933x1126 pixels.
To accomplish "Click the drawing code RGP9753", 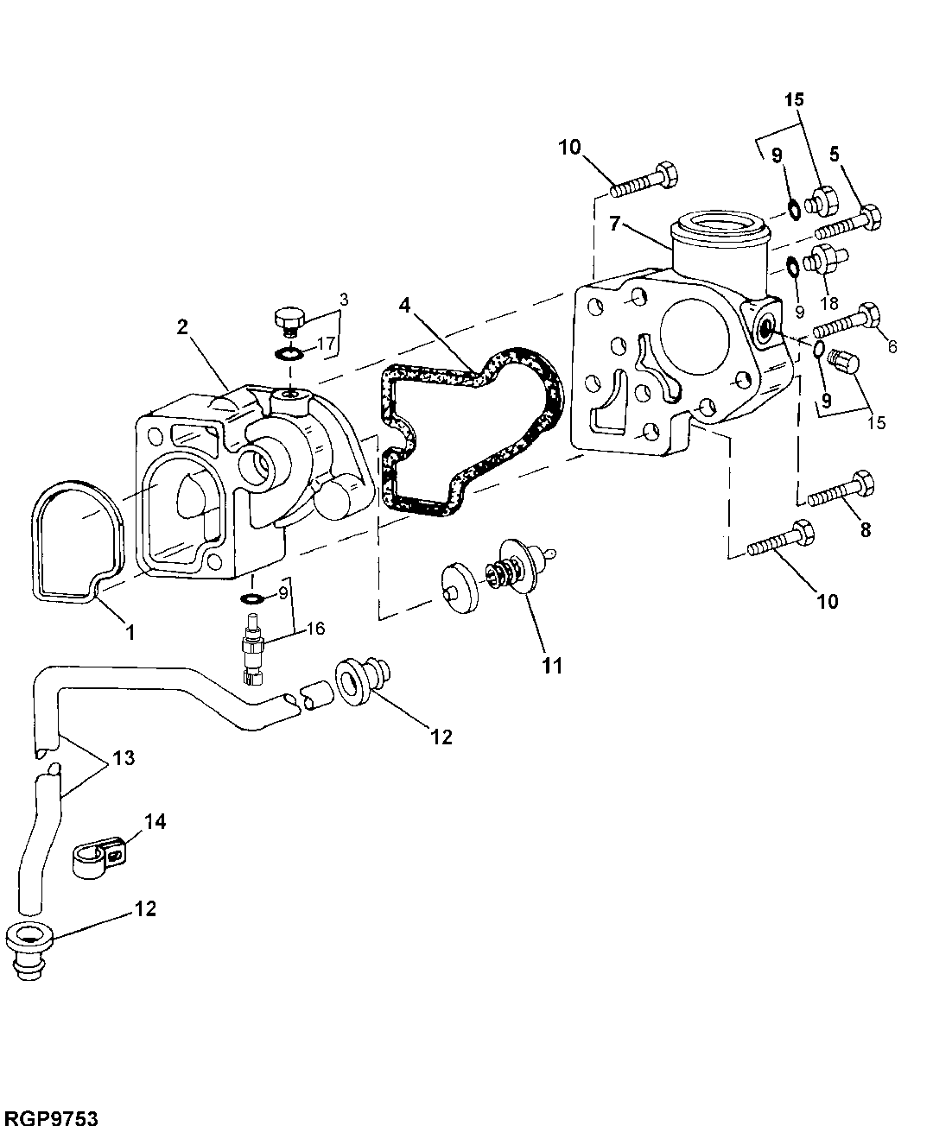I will point(49,1117).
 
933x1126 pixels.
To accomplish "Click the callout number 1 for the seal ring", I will point(130,633).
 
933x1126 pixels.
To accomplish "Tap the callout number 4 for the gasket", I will point(405,306).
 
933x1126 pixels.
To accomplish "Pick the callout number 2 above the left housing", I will point(182,326).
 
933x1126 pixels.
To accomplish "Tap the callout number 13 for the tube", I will point(124,758).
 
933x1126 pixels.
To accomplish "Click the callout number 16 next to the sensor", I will point(315,628).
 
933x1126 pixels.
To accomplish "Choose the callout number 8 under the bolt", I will point(865,528).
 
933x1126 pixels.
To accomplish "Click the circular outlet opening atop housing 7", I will point(719,226).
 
